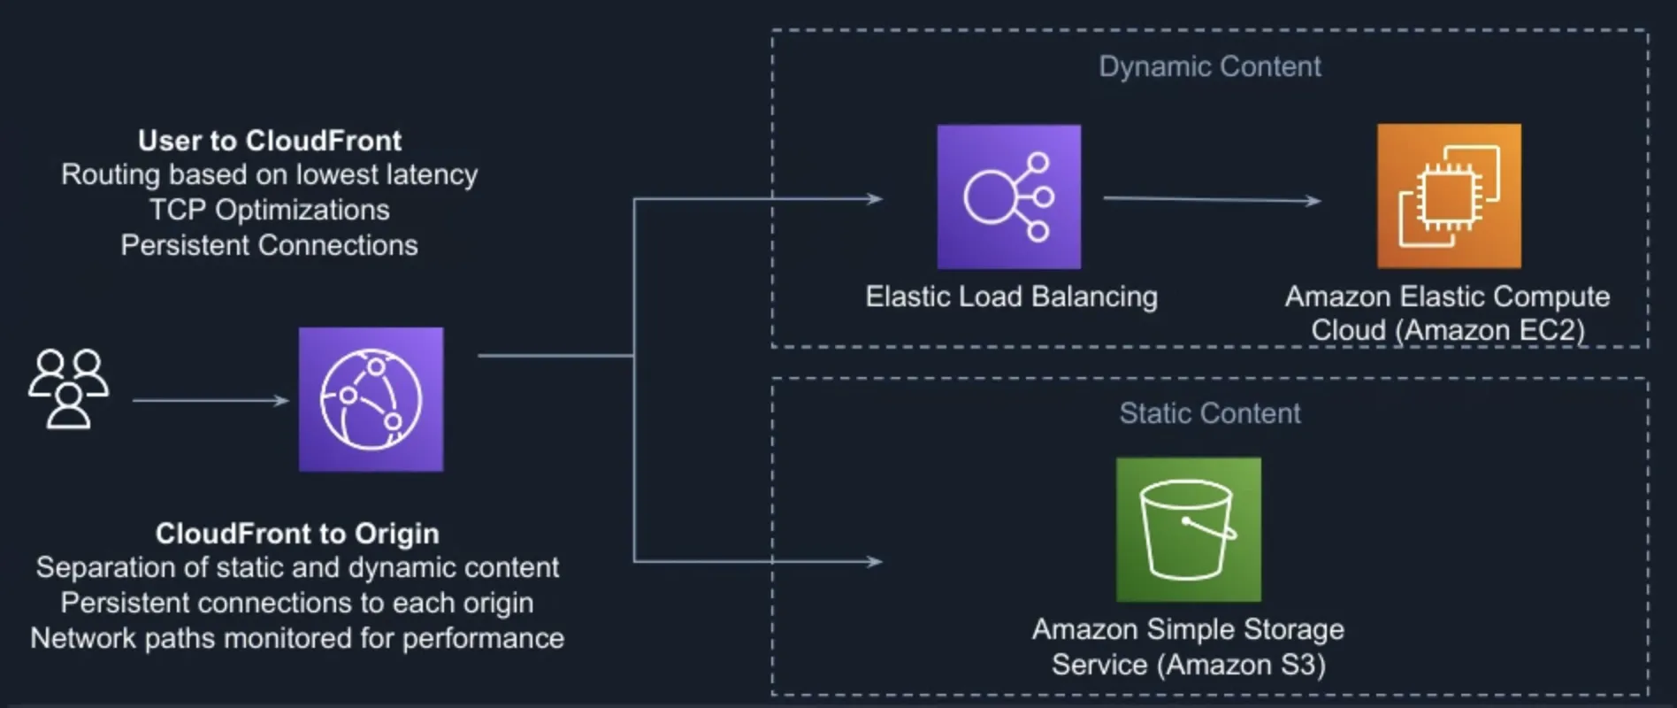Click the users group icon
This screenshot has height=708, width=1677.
(x=68, y=389)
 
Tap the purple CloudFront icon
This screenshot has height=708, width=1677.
(x=371, y=399)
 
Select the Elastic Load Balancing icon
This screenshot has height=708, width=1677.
(x=1008, y=196)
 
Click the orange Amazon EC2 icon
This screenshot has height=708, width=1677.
(x=1449, y=196)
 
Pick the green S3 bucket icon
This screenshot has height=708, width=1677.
(x=1188, y=529)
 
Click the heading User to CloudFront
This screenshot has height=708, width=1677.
(x=269, y=141)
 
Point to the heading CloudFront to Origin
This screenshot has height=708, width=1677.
(x=297, y=534)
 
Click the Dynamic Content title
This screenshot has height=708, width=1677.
(x=1209, y=66)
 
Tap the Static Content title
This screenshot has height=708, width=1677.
(x=1209, y=413)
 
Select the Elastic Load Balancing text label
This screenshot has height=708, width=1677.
(x=1011, y=296)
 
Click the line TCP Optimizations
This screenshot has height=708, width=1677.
(x=269, y=210)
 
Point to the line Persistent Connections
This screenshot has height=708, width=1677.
(x=269, y=245)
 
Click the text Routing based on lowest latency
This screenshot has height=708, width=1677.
(x=269, y=174)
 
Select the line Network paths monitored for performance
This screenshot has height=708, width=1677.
(x=297, y=638)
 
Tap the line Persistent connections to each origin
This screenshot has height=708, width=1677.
(x=297, y=603)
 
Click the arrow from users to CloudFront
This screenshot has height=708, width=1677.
(x=211, y=401)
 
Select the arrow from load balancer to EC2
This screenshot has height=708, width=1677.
(x=1212, y=199)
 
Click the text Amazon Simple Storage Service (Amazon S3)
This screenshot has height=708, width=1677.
(x=1188, y=647)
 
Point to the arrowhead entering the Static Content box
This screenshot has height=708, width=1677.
(x=874, y=561)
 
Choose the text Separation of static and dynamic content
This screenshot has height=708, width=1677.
(x=297, y=567)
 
